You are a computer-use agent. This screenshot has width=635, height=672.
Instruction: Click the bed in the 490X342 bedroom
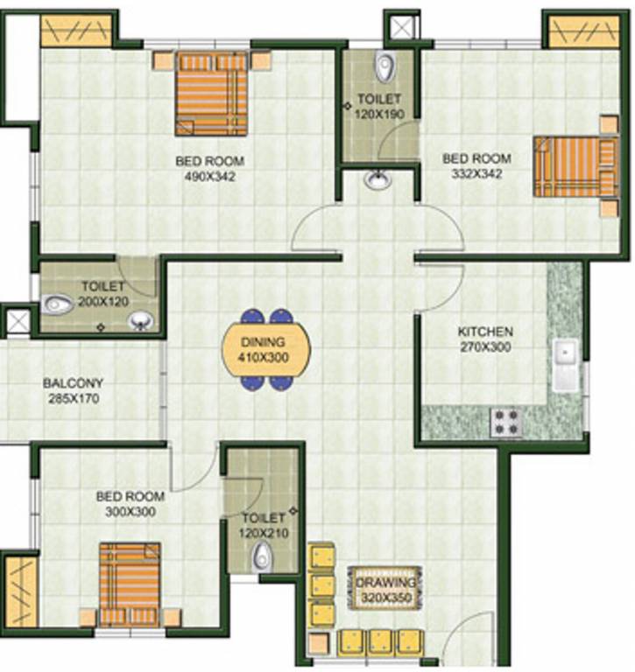pos(211,94)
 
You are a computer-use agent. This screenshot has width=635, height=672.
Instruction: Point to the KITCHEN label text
pos(485,332)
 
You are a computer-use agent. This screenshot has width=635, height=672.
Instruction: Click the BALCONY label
pos(74,383)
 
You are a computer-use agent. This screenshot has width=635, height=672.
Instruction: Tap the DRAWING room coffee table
pos(390,590)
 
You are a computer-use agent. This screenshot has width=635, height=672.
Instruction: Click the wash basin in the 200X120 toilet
pos(139,321)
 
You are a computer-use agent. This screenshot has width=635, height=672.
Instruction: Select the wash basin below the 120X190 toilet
pos(377,181)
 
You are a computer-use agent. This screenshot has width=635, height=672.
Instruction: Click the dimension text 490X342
pos(210,176)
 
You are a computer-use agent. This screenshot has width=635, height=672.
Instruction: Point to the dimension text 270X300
pos(485,347)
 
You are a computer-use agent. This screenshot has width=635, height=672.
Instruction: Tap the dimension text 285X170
pos(74,398)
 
